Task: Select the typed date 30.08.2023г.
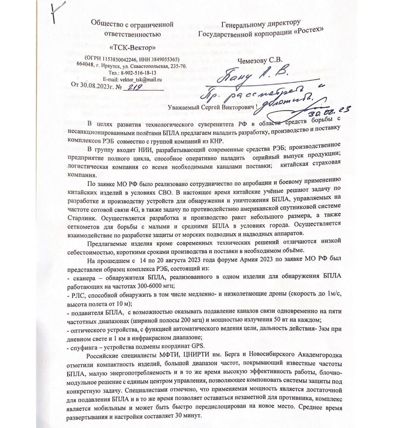96,86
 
